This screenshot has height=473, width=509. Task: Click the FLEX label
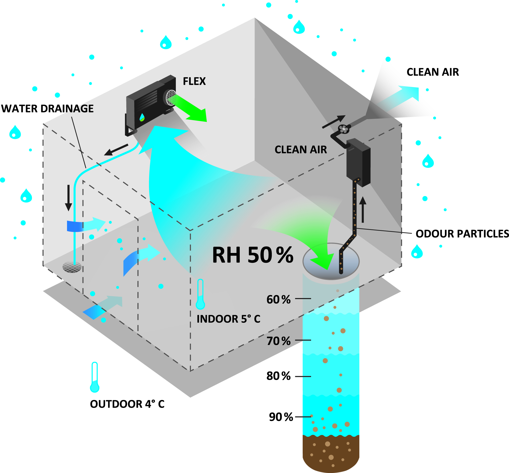[x=194, y=81]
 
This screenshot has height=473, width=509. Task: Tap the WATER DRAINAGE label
[x=47, y=109]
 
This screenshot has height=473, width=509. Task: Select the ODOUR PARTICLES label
[x=462, y=234]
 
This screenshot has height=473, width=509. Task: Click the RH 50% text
[x=253, y=255]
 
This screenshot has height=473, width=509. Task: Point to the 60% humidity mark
[x=278, y=300]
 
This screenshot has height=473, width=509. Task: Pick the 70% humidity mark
[x=278, y=341]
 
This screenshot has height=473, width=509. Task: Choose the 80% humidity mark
[x=278, y=376]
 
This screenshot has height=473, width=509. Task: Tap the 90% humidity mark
[x=281, y=417]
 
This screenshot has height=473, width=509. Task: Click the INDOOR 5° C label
[x=228, y=319]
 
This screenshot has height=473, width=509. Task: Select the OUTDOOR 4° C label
[x=127, y=404]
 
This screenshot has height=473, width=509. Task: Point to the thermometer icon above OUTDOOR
[x=95, y=377]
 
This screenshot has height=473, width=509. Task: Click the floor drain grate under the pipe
[x=72, y=267]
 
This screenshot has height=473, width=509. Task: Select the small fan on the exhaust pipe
[x=344, y=129]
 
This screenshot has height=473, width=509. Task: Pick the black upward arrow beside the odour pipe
[x=363, y=209]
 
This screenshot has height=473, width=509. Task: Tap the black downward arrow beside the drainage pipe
[x=68, y=198]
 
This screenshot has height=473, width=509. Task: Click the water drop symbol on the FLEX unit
[x=142, y=117]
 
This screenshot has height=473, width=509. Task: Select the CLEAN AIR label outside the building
[x=432, y=72]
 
